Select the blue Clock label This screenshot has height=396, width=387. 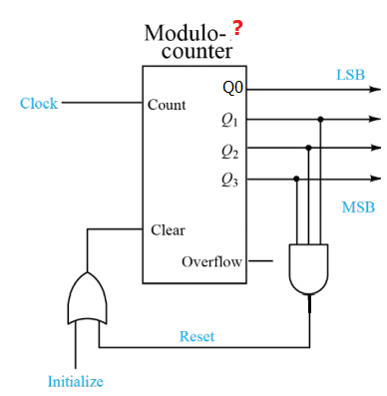pyautogui.click(x=39, y=103)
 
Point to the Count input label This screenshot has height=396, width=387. pyautogui.click(x=166, y=104)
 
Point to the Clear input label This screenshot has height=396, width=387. pyautogui.click(x=168, y=230)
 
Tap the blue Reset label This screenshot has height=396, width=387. pyautogui.click(x=196, y=336)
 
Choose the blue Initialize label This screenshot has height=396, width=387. pyautogui.click(x=75, y=381)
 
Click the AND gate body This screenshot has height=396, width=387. pyautogui.click(x=308, y=267)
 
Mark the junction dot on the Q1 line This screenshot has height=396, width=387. pyautogui.click(x=320, y=119)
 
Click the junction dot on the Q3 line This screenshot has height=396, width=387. pyautogui.click(x=296, y=180)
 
